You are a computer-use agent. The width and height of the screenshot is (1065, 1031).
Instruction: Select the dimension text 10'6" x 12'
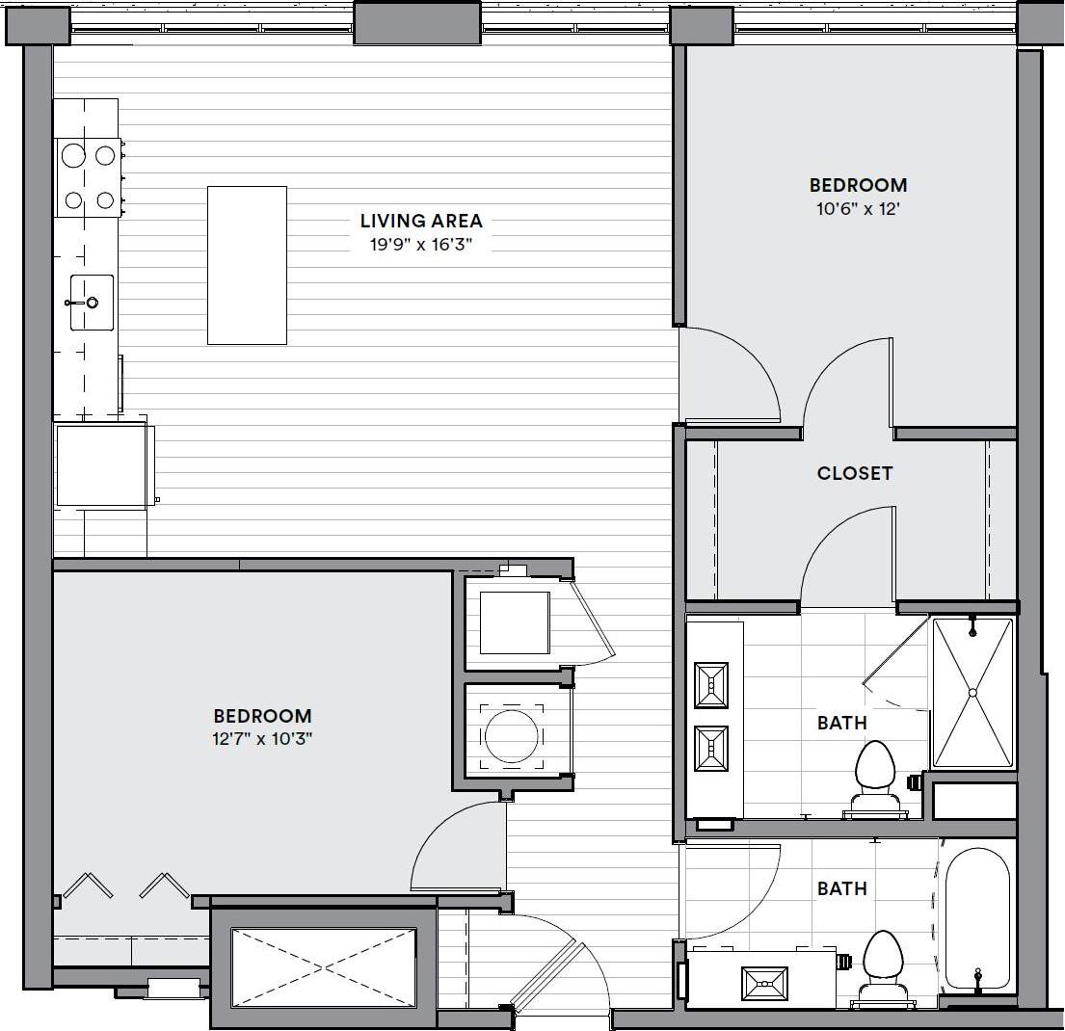[858, 207]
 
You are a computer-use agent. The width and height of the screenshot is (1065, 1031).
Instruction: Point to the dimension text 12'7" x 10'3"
[262, 739]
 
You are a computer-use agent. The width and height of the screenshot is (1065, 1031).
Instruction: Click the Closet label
[855, 473]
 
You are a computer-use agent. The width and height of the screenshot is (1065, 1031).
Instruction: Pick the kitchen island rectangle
[247, 265]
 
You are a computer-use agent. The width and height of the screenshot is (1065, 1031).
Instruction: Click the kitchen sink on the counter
[90, 303]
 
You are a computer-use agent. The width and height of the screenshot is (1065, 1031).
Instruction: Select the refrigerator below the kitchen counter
[101, 465]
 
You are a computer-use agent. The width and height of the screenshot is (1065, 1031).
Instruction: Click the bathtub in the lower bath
[977, 919]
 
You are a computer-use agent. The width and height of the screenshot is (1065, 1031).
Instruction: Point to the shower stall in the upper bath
[972, 692]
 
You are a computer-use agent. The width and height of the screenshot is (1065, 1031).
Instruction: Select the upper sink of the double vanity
[711, 684]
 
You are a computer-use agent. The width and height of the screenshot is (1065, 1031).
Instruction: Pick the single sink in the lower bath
[764, 984]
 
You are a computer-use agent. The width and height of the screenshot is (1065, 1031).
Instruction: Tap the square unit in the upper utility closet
[514, 622]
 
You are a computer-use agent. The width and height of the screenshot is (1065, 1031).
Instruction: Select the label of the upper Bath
[842, 723]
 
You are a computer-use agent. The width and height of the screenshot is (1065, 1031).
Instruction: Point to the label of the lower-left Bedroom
[262, 716]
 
